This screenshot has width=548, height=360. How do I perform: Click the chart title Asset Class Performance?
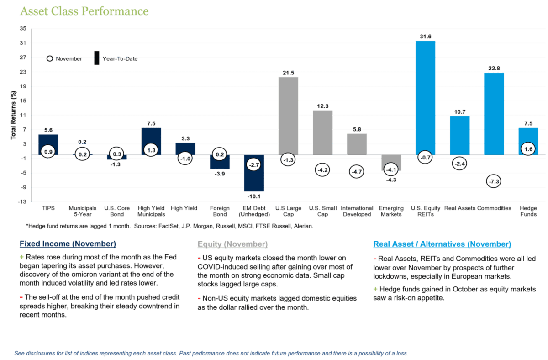click(x=83, y=11)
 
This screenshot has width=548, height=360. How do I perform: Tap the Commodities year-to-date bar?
click(x=494, y=110)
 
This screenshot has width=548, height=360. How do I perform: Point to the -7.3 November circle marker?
click(x=494, y=181)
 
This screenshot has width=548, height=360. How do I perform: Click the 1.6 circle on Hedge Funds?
click(x=528, y=149)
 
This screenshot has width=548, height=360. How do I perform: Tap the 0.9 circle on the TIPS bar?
click(x=48, y=152)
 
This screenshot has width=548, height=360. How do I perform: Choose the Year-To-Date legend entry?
click(x=116, y=59)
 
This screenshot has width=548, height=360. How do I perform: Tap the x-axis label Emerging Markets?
click(x=391, y=212)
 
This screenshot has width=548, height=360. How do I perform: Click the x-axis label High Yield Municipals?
click(x=151, y=212)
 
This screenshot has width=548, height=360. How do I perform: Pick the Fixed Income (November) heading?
click(x=68, y=244)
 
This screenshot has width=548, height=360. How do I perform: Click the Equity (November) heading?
click(x=232, y=244)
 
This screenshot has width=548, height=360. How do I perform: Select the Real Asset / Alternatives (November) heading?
click(x=442, y=244)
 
